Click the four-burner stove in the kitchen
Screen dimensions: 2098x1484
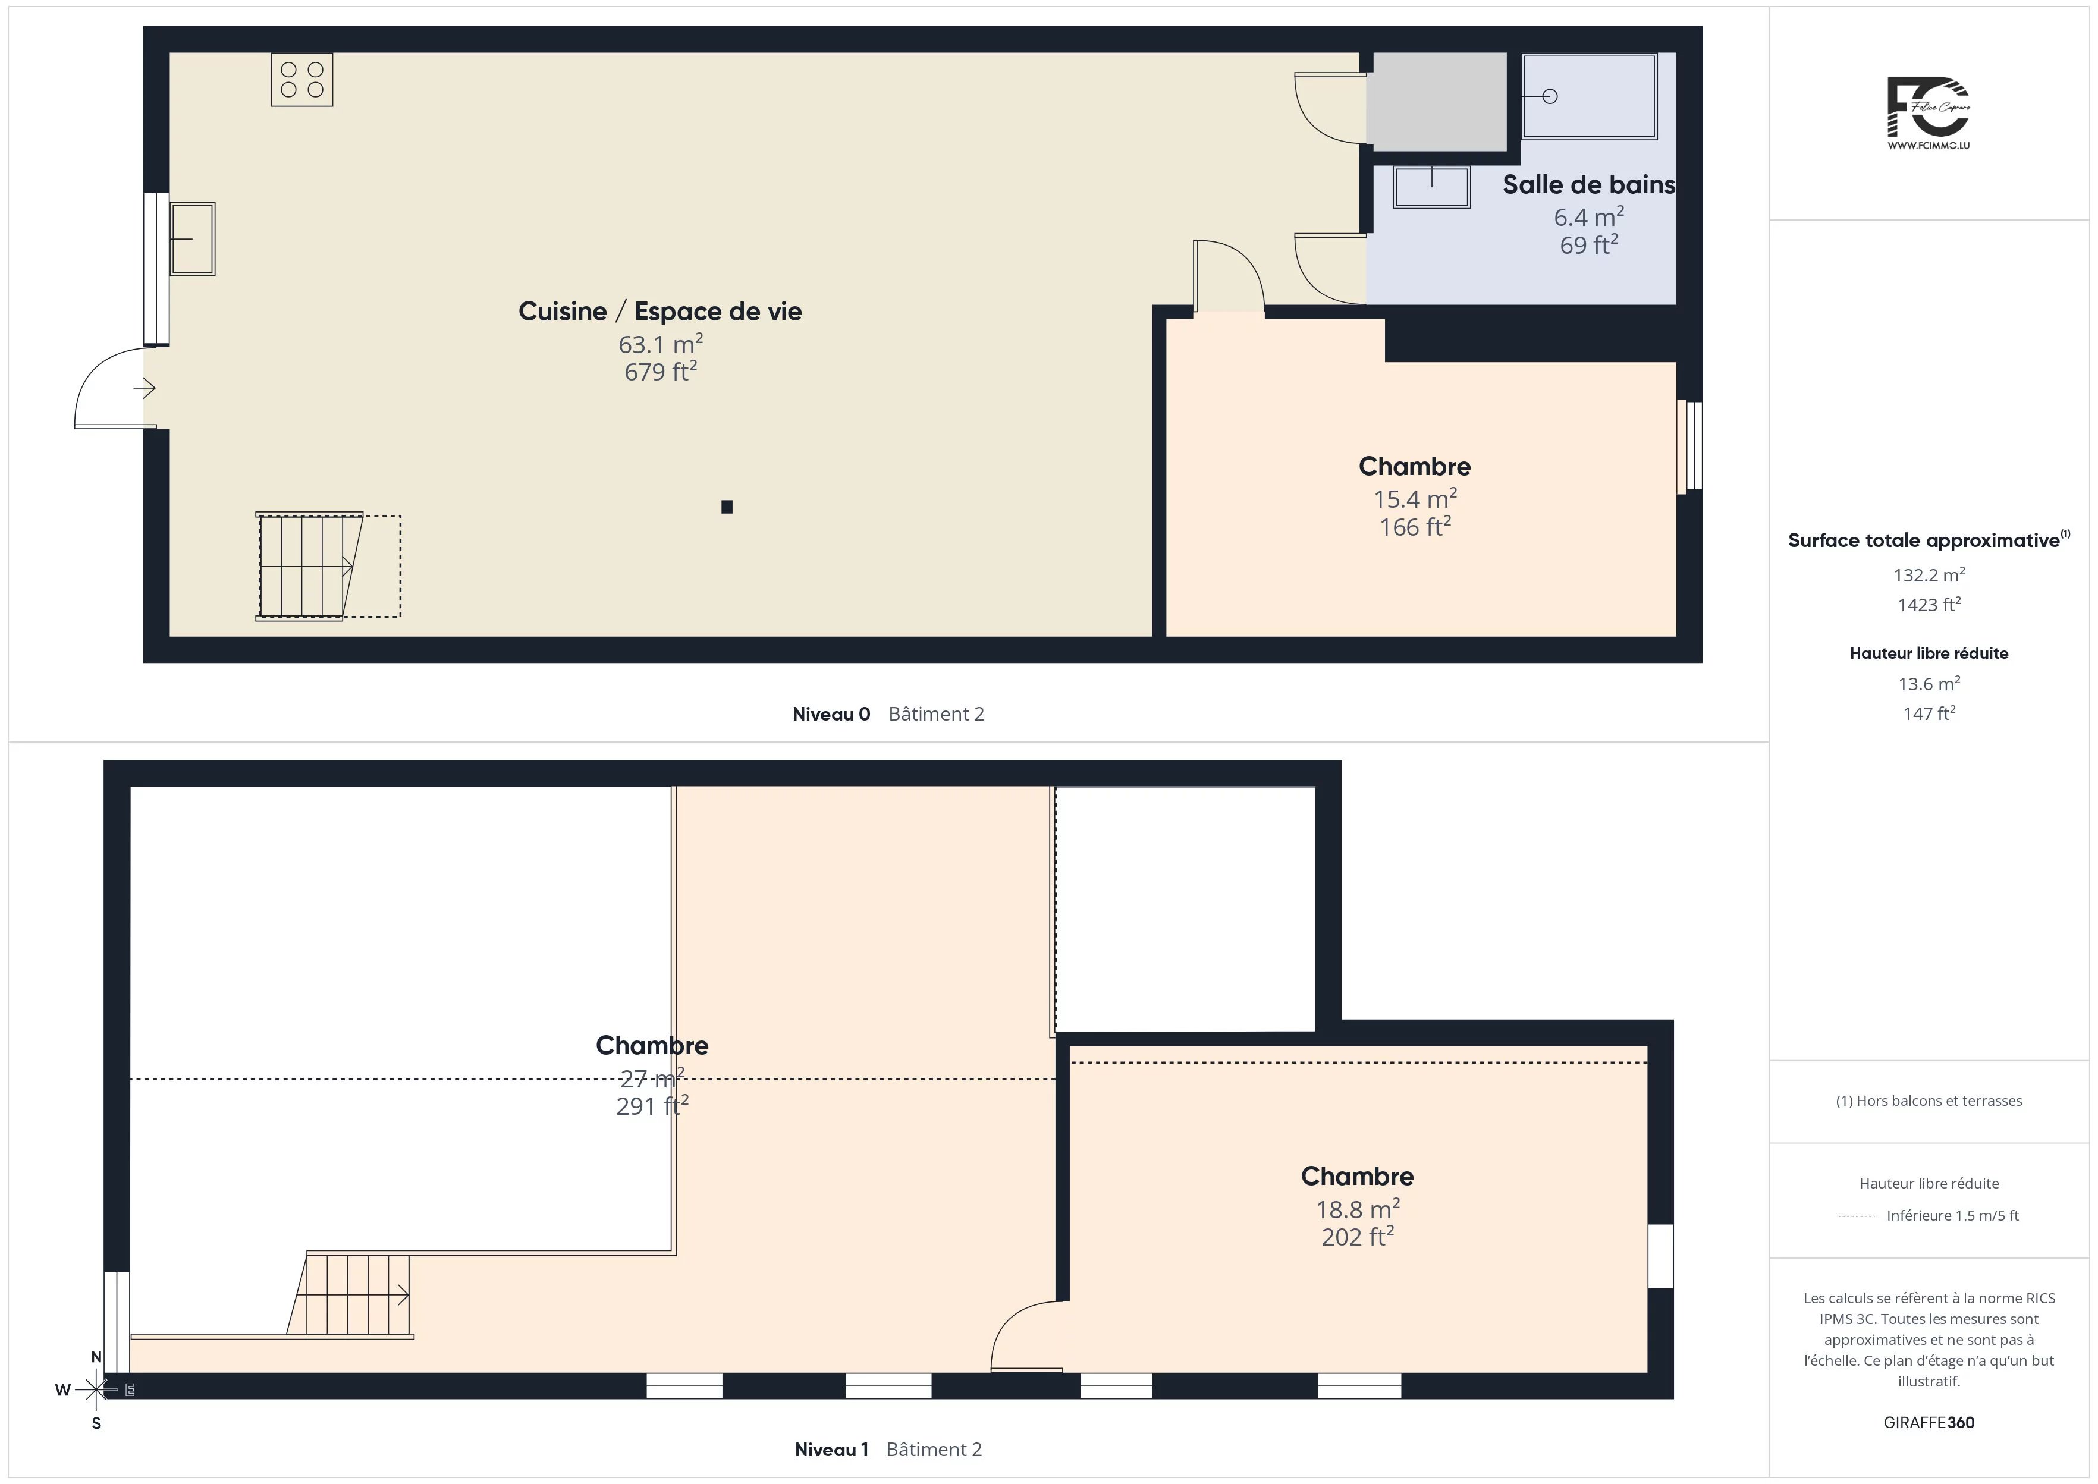tap(301, 80)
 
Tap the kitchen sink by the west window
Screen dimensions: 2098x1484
tap(192, 238)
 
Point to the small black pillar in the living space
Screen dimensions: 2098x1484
tap(727, 507)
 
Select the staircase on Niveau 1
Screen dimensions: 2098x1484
tap(350, 1296)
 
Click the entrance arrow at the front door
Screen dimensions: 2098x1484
tap(145, 388)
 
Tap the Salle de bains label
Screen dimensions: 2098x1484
tap(1589, 184)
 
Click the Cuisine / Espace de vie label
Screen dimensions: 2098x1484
tap(659, 312)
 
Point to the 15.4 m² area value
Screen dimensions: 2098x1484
tap(1415, 499)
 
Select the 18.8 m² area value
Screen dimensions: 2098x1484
tap(1358, 1209)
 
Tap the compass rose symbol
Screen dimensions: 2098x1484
tap(96, 1390)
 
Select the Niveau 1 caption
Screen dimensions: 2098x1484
tap(831, 1450)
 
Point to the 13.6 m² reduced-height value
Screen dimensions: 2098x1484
tap(1929, 684)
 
